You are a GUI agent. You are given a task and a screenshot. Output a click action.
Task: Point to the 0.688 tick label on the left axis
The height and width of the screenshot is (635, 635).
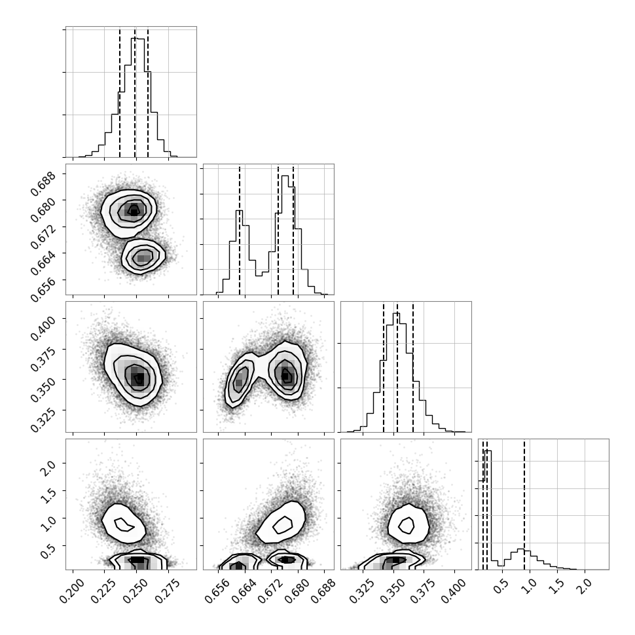click(x=43, y=183)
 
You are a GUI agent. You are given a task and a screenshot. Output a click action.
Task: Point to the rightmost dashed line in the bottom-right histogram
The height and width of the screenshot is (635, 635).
click(x=524, y=505)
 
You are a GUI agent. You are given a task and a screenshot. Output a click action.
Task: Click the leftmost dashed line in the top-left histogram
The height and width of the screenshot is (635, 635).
click(x=119, y=93)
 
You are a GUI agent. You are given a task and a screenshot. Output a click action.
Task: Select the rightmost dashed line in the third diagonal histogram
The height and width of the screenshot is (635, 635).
click(x=412, y=367)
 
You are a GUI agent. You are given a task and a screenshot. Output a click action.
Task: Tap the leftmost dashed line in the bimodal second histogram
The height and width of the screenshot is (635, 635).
click(x=240, y=230)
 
